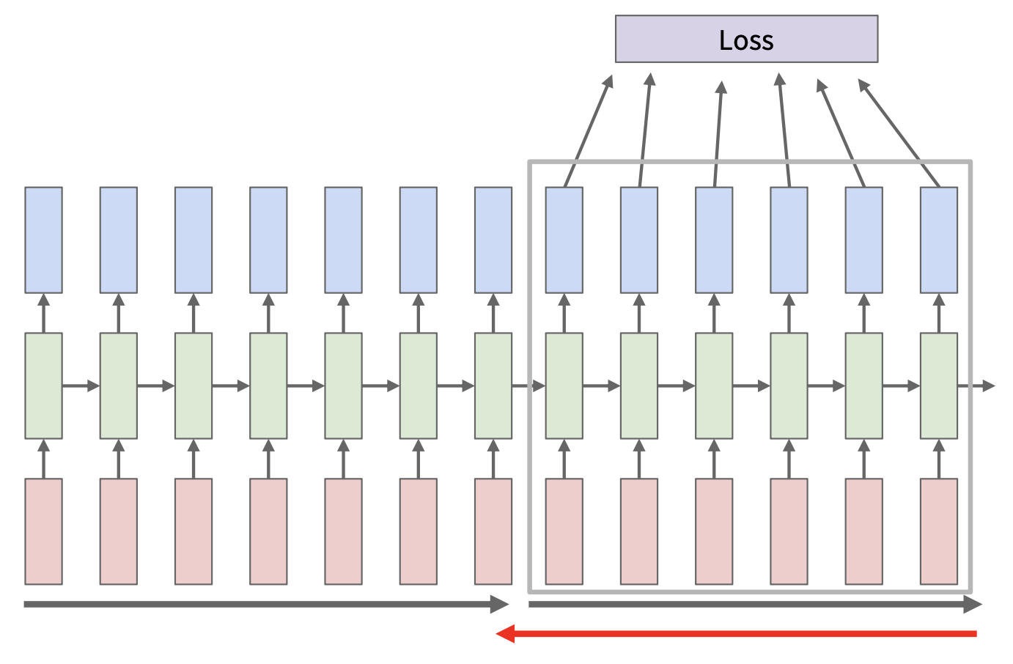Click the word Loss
746,40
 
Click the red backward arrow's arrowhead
505,634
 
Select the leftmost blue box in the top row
43,240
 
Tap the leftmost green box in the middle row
43,386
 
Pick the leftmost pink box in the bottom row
43,531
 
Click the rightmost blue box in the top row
939,240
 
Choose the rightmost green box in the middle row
939,386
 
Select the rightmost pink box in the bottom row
939,531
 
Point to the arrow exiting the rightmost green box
978,386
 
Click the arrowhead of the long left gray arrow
501,605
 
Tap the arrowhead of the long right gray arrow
973,605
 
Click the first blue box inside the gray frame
564,240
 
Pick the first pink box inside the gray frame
564,531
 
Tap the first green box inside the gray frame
564,386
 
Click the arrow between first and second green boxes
81,386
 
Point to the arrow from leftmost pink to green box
43,459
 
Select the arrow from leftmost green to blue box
43,313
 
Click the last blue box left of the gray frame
493,240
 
